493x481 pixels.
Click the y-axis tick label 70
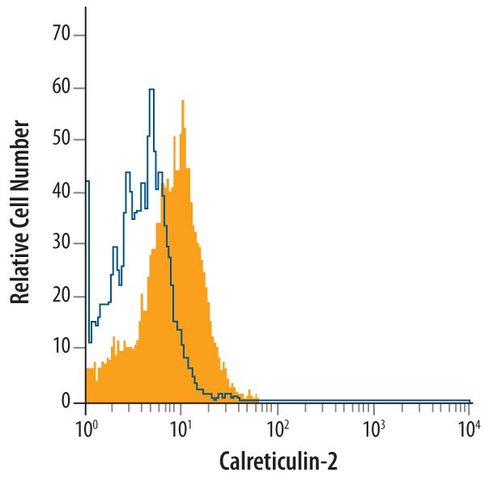point(61,35)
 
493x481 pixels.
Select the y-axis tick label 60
point(61,87)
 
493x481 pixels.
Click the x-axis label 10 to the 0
point(86,427)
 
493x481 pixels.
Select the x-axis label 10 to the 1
point(181,427)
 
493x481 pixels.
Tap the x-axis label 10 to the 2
point(278,427)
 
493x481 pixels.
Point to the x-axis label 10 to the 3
point(373,427)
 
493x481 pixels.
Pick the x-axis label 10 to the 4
point(470,427)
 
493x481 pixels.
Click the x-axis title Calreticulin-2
point(278,461)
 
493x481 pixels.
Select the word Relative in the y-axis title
point(22,267)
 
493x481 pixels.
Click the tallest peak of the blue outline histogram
point(151,90)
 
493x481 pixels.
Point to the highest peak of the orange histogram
point(183,102)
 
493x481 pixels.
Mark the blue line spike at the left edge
point(87,183)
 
